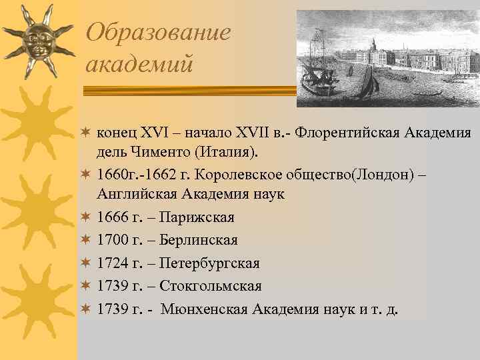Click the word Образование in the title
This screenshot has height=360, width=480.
pyautogui.click(x=159, y=31)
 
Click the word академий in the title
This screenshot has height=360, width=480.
pyautogui.click(x=139, y=64)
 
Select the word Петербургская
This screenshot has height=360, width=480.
pyautogui.click(x=209, y=263)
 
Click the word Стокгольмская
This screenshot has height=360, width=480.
pyautogui.click(x=210, y=286)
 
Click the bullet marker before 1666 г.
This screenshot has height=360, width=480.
pyautogui.click(x=85, y=218)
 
